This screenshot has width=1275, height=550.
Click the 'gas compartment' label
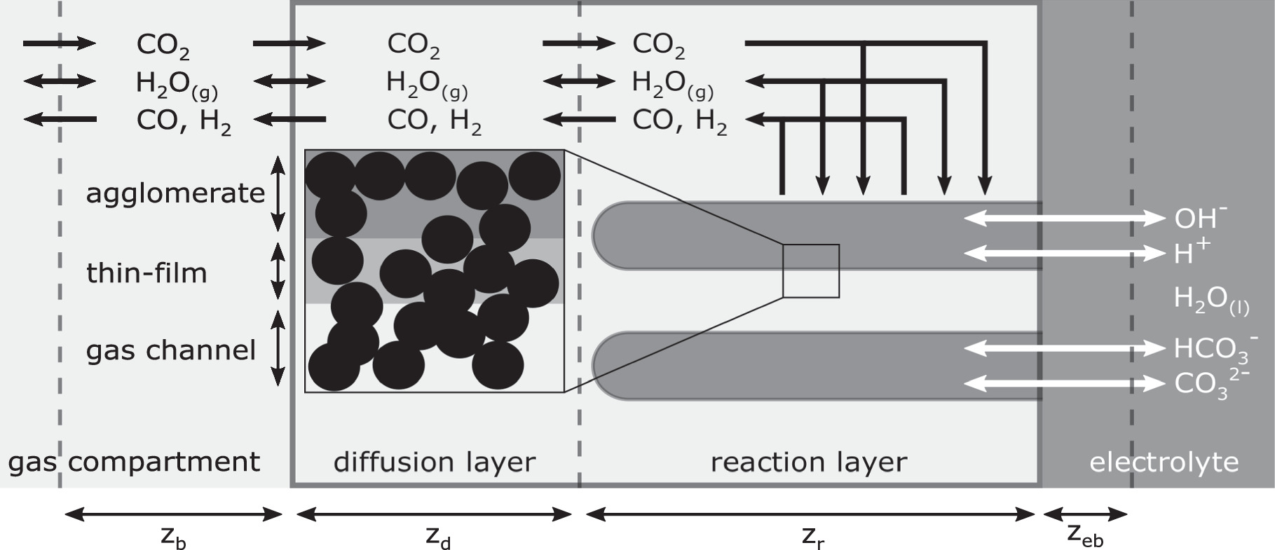coord(134,462)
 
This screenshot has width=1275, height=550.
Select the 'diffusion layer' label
coord(434,462)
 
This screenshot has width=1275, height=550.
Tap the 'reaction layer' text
coord(808,462)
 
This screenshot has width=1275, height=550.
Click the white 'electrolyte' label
coord(1164,462)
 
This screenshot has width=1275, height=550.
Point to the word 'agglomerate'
coord(175,193)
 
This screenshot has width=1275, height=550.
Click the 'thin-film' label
coord(146,273)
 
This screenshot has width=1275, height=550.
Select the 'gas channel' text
coord(170,350)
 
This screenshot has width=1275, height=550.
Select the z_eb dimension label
coord(1084,536)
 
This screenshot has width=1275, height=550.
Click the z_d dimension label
coord(437,538)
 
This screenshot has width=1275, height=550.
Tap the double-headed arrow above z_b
coord(173,515)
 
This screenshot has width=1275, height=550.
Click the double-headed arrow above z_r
coord(810,515)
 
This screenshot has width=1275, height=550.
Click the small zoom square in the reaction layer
coord(810,270)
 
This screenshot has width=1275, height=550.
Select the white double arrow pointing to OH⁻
coord(1063,219)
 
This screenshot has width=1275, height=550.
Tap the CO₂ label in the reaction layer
coord(657,44)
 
